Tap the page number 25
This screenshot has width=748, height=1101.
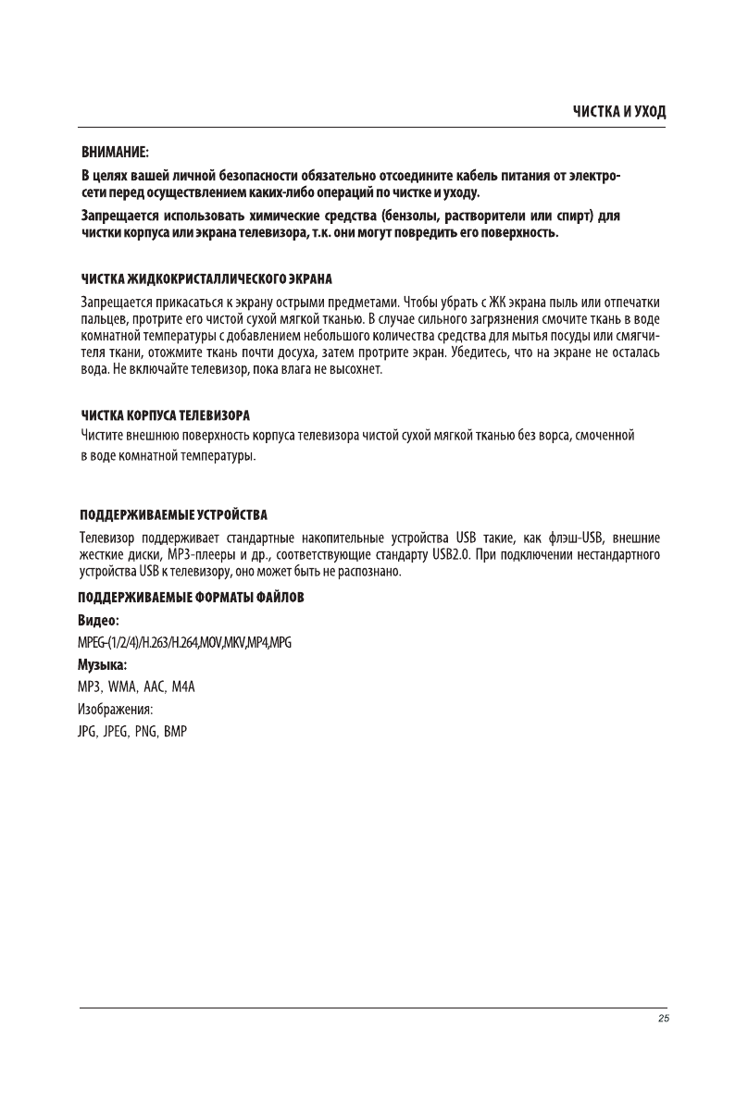(662, 1019)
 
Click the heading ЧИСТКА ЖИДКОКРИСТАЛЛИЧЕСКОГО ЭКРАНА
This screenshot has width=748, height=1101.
(206, 278)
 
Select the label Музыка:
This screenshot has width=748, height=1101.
(103, 665)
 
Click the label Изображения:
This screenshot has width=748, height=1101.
(116, 710)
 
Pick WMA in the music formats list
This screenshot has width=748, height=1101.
(124, 687)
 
